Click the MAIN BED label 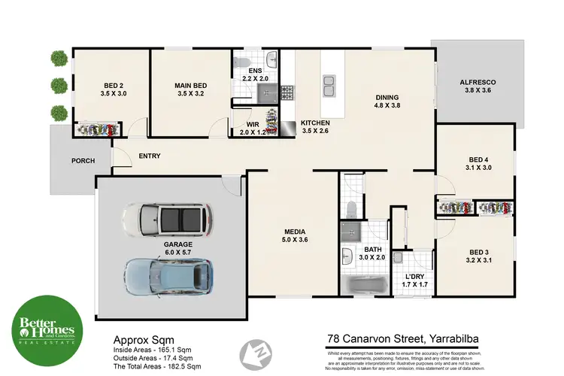[x=190, y=86]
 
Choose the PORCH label [x=83, y=161]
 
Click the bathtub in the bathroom [x=365, y=285]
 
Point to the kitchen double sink [x=329, y=89]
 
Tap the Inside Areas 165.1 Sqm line [x=156, y=349]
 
